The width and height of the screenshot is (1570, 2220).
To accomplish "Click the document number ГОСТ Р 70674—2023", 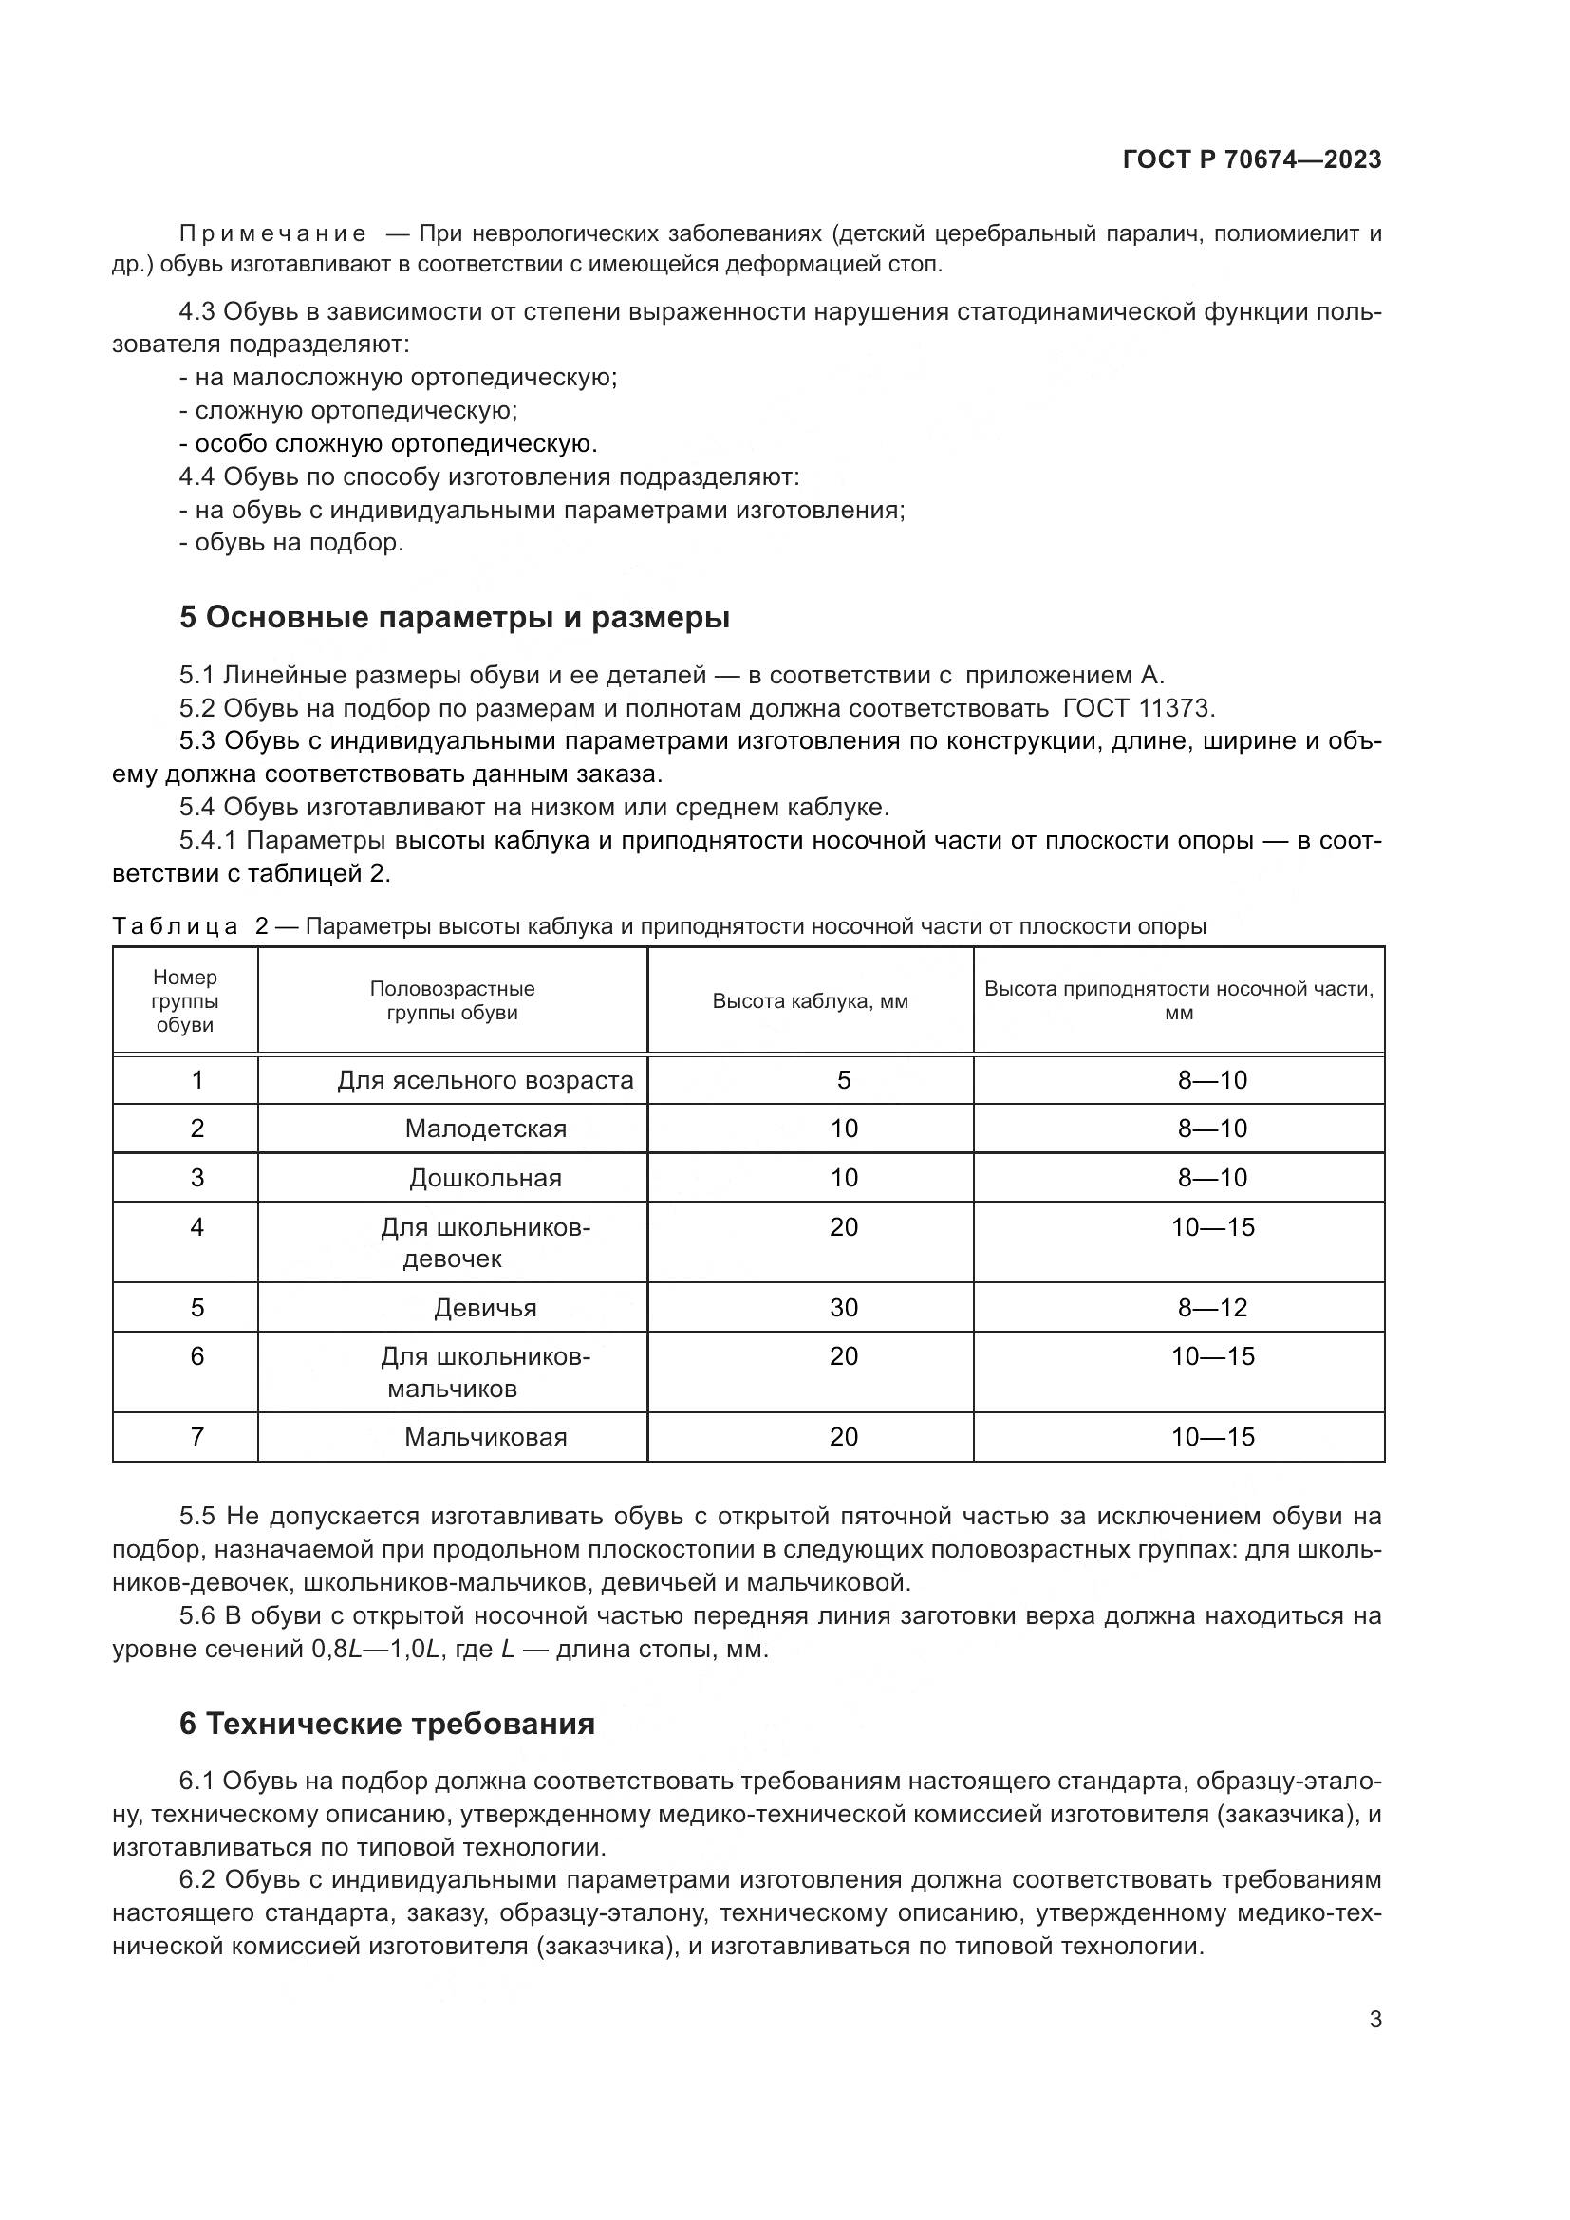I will point(1252,160).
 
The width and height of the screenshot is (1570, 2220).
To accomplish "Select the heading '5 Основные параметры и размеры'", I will point(455,617).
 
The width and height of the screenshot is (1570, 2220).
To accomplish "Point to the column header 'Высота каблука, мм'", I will point(810,1000).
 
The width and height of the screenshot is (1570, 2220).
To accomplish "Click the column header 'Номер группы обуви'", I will point(185,1000).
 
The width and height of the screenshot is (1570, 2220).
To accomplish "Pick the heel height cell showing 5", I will point(843,1080).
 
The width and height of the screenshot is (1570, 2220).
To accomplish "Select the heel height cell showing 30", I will point(843,1307).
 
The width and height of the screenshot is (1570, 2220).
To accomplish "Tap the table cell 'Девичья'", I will point(485,1307).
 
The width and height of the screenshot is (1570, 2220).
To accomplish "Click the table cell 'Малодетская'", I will point(485,1129).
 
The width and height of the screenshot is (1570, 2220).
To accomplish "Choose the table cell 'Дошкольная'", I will point(485,1178).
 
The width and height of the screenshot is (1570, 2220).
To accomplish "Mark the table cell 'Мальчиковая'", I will point(485,1437).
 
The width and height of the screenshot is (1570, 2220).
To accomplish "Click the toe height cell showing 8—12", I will point(1212,1307).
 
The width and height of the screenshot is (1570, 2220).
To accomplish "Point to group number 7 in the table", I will point(197,1437).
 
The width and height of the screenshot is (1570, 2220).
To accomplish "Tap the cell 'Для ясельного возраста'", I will point(485,1080).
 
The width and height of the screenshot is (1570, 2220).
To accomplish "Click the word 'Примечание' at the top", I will point(272,234).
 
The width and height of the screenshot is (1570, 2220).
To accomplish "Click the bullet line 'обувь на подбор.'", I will point(299,543).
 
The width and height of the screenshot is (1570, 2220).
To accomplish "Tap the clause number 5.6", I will point(199,1615).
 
